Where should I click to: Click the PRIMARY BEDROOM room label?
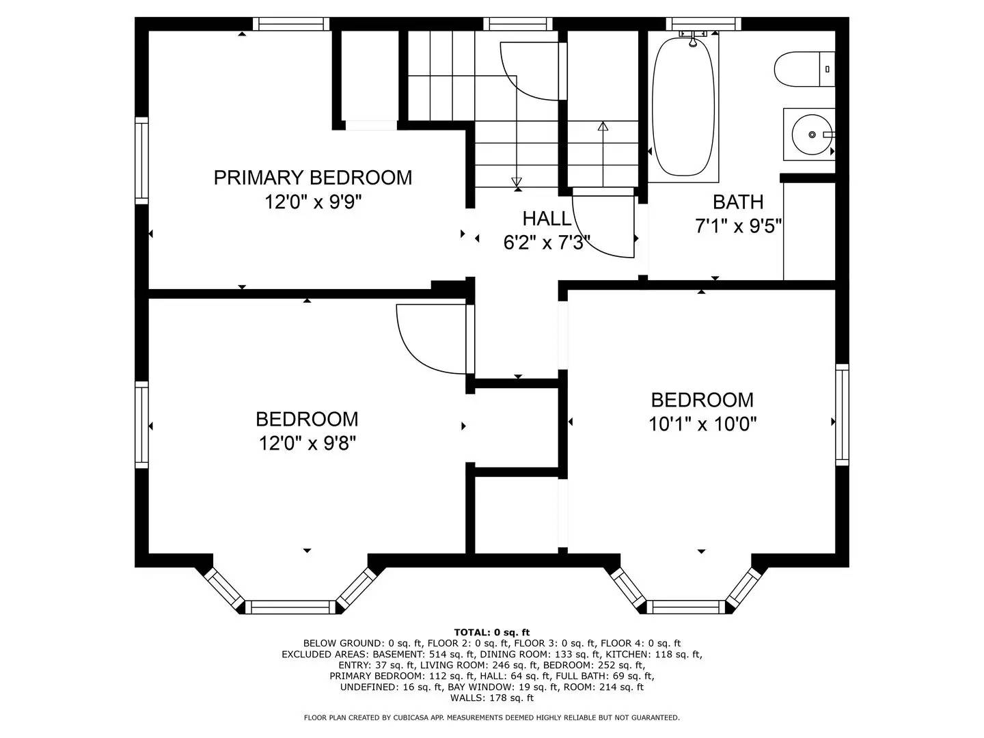click(x=313, y=178)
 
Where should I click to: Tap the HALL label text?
click(x=547, y=219)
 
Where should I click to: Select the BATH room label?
click(x=738, y=202)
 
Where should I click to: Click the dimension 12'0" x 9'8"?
click(x=307, y=443)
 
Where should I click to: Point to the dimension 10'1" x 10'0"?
click(x=702, y=424)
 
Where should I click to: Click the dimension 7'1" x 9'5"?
click(x=738, y=226)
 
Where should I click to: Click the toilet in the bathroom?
click(x=803, y=69)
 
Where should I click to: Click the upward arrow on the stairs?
click(x=603, y=127)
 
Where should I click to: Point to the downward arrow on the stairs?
click(x=517, y=182)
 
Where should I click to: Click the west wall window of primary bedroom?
click(x=141, y=161)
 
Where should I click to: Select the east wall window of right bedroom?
click(x=842, y=415)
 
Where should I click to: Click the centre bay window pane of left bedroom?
click(x=290, y=607)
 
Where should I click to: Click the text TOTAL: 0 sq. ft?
click(x=491, y=632)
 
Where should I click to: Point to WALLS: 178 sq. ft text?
click(x=491, y=698)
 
